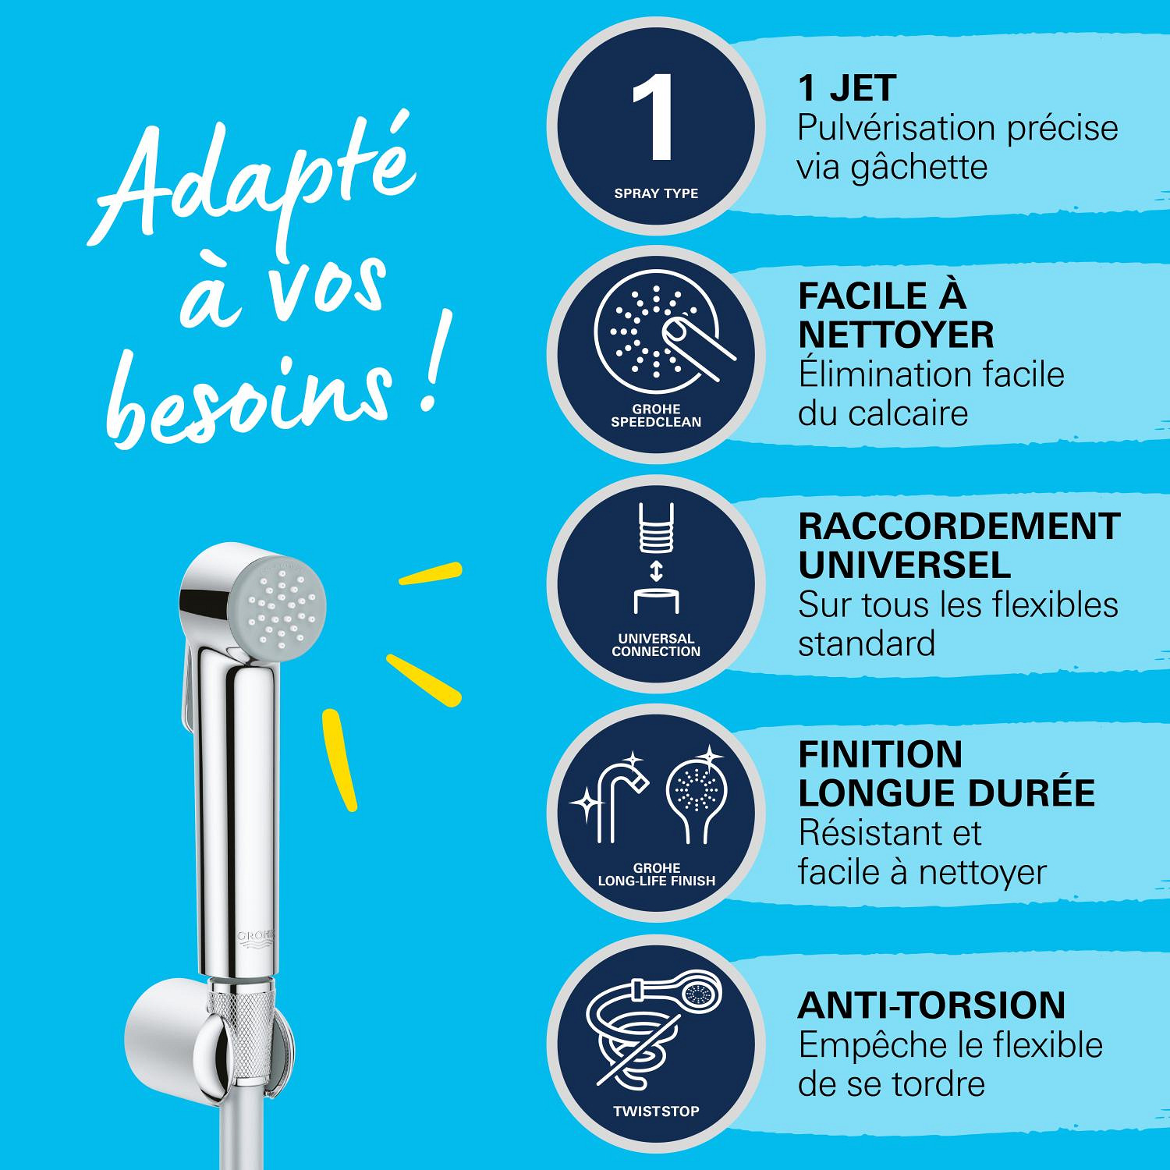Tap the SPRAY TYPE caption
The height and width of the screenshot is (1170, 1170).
[656, 193]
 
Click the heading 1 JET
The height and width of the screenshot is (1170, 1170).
[847, 88]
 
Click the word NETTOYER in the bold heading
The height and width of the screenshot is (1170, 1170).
[896, 335]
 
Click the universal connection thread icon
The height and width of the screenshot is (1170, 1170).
[656, 559]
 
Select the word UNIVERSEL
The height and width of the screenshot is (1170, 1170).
[905, 565]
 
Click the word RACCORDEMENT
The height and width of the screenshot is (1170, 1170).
[959, 526]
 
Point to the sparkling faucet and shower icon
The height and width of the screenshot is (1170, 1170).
[656, 796]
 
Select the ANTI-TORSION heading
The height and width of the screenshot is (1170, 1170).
[931, 1005]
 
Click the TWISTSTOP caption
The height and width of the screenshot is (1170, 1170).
[656, 1111]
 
